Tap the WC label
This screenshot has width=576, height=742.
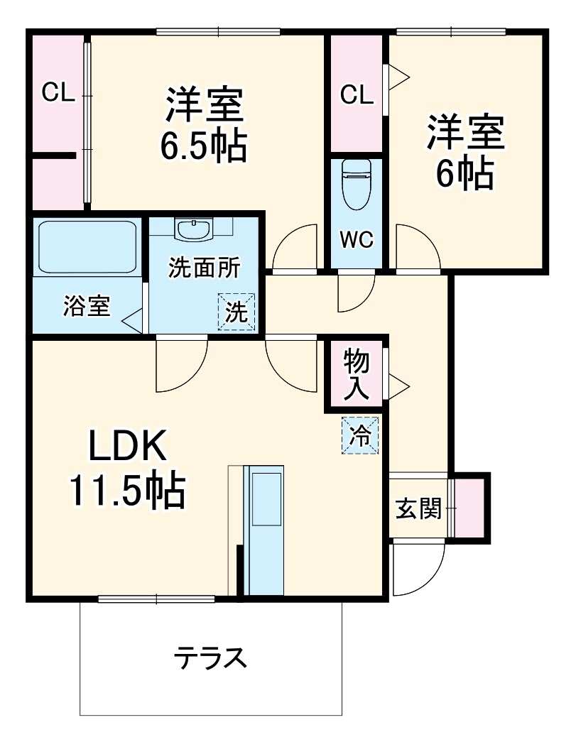(357, 240)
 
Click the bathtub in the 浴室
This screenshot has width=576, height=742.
(87, 246)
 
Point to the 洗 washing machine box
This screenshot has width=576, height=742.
(237, 312)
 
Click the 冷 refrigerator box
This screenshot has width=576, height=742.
(362, 435)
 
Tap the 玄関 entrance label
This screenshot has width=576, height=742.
(418, 508)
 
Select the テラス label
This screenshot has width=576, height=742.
(211, 659)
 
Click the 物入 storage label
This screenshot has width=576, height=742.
(357, 374)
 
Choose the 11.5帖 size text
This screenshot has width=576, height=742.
(128, 491)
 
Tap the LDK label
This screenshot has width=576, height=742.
(128, 447)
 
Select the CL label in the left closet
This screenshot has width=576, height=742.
(58, 92)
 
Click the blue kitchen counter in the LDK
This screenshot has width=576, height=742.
(263, 529)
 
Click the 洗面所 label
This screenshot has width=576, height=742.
(204, 269)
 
